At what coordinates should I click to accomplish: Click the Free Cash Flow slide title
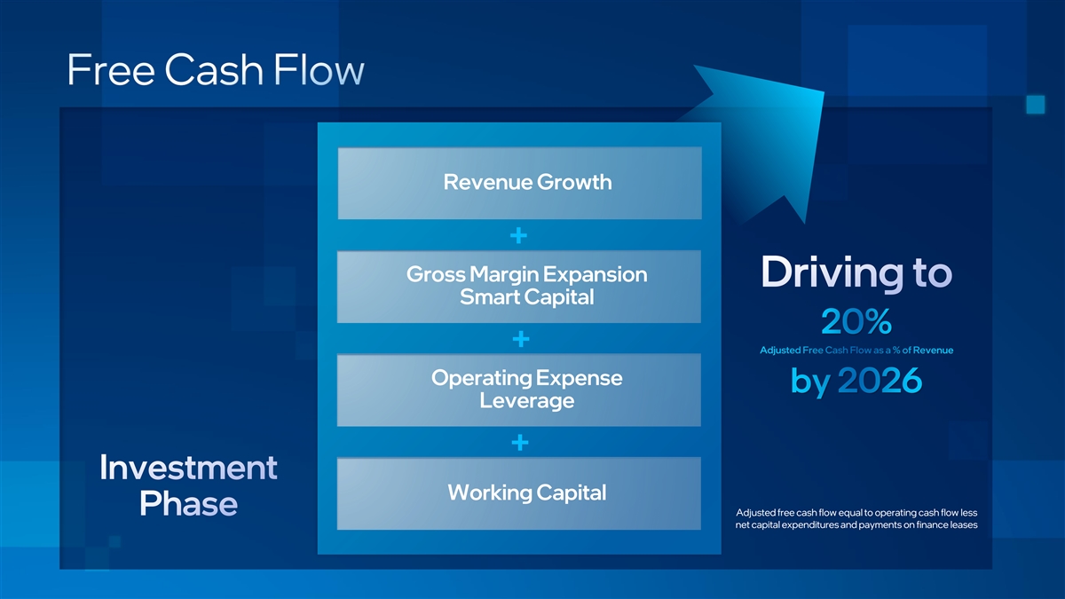pyautogui.click(x=216, y=70)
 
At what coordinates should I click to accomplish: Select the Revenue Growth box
pyautogui.click(x=520, y=183)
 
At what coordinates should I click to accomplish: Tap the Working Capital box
pyautogui.click(x=519, y=493)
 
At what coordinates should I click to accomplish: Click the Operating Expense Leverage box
pyautogui.click(x=519, y=390)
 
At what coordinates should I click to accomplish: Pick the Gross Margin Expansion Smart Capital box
pyautogui.click(x=519, y=287)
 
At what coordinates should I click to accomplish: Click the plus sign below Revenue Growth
pyautogui.click(x=518, y=235)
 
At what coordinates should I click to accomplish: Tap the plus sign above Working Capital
pyautogui.click(x=520, y=443)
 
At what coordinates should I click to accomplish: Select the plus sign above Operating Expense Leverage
pyautogui.click(x=521, y=339)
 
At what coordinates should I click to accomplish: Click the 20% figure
pyautogui.click(x=856, y=322)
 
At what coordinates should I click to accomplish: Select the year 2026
pyautogui.click(x=880, y=381)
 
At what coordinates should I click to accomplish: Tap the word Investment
pyautogui.click(x=188, y=468)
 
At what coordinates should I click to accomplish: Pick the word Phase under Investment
pyautogui.click(x=188, y=503)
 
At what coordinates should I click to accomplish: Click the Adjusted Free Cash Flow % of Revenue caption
pyautogui.click(x=856, y=351)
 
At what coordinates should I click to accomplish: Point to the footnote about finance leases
pyautogui.click(x=856, y=518)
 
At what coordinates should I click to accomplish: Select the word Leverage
pyautogui.click(x=527, y=401)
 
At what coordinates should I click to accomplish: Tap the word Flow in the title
pyautogui.click(x=319, y=70)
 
